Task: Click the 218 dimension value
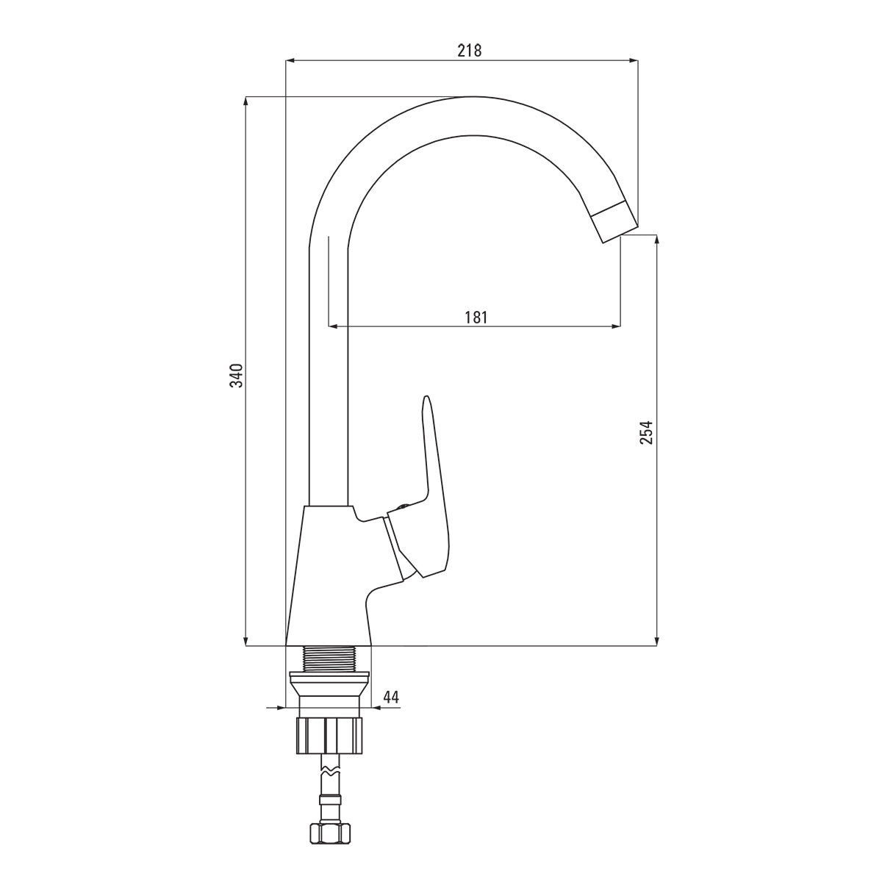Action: pos(469,50)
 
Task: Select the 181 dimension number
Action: pos(476,317)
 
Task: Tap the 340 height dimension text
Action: pos(235,374)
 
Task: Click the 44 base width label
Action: pos(391,697)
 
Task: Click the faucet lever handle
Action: pos(432,470)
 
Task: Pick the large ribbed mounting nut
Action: pos(329,734)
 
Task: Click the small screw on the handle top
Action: pos(401,506)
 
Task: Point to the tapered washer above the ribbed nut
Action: pos(329,688)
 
